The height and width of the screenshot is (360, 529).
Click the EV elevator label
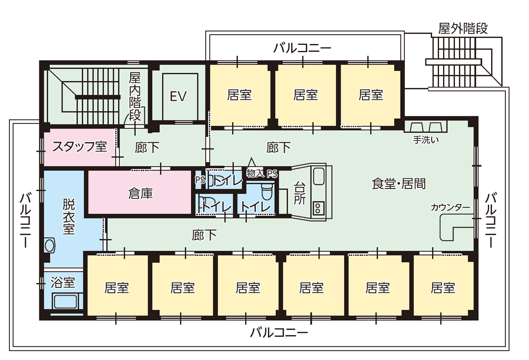tap(179, 96)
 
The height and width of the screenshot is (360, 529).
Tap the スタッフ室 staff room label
tap(79, 147)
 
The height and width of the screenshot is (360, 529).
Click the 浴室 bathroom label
tap(63, 283)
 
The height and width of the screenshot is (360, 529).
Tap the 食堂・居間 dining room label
tap(398, 184)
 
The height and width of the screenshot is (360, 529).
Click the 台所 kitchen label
tap(300, 193)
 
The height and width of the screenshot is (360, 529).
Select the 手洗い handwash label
tap(426, 141)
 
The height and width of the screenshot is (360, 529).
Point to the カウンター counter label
tap(450, 207)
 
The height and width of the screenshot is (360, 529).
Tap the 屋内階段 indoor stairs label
tap(135, 96)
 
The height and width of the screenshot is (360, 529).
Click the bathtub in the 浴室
tap(65, 302)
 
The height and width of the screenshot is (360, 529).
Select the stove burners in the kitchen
tap(319, 208)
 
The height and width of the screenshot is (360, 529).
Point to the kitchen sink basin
tap(319, 176)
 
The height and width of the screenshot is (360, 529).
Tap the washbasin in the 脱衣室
tap(50, 245)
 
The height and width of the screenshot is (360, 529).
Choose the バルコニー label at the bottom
tap(279, 333)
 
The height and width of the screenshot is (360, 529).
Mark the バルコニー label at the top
tap(302, 48)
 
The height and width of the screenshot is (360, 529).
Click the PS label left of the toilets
tap(200, 179)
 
